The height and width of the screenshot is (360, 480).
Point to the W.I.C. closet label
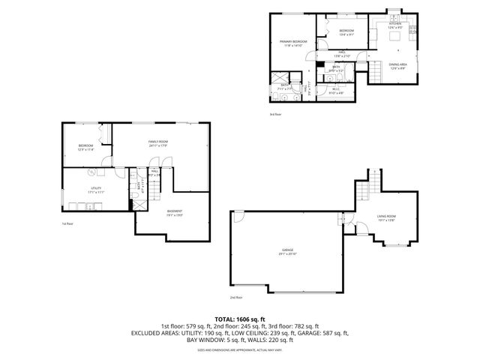tap(337, 91)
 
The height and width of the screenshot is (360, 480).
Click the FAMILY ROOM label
tap(157, 143)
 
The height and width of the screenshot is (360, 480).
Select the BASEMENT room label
tap(175, 213)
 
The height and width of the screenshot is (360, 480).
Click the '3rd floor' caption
tap(275, 115)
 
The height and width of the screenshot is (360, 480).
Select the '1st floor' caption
tap(67, 223)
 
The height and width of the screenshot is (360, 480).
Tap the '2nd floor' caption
tap(236, 298)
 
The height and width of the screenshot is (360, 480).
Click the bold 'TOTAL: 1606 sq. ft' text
tap(240, 318)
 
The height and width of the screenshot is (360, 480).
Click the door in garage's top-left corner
tap(236, 217)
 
